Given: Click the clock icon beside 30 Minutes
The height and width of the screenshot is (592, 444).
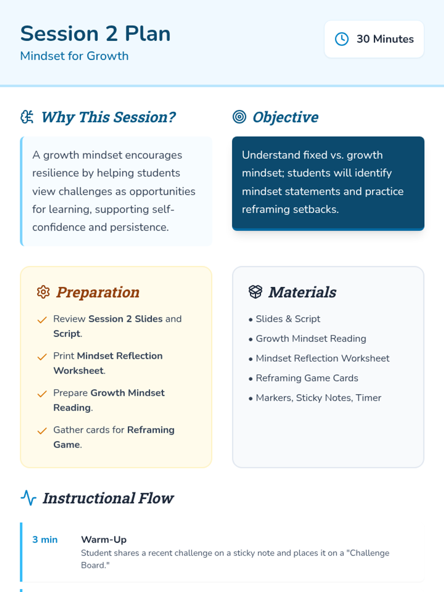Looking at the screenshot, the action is [x=342, y=39].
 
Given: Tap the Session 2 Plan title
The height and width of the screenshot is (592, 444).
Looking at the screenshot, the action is [x=95, y=34].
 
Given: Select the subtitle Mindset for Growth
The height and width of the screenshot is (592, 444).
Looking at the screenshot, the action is [x=74, y=56].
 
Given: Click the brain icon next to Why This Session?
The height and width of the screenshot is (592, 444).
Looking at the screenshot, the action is [x=27, y=117].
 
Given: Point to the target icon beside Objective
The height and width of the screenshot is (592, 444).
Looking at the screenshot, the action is [x=239, y=117].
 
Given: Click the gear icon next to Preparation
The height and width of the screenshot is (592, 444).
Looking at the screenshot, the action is [x=43, y=292].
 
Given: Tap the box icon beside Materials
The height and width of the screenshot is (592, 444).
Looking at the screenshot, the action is [x=255, y=292].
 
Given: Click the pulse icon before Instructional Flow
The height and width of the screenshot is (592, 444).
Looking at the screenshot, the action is [x=28, y=498].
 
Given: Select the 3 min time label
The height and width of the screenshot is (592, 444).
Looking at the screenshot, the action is [x=45, y=540].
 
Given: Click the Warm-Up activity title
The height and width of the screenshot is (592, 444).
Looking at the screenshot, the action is [x=104, y=540].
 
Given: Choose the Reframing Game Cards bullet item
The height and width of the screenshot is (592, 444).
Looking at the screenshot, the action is [x=307, y=378].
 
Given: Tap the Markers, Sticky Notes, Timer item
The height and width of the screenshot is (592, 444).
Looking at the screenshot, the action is [x=318, y=398].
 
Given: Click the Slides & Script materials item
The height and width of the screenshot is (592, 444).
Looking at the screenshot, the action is [x=287, y=319].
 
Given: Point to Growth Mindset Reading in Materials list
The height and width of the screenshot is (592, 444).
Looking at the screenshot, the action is [x=311, y=339].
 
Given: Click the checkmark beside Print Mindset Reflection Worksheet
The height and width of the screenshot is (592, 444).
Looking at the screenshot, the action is [x=42, y=357].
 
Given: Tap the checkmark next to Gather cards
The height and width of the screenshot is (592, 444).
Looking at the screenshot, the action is [x=42, y=431].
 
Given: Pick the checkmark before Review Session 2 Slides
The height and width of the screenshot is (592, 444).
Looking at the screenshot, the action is [x=42, y=320].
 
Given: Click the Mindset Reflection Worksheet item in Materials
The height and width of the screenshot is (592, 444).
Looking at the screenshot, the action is [x=322, y=359].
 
